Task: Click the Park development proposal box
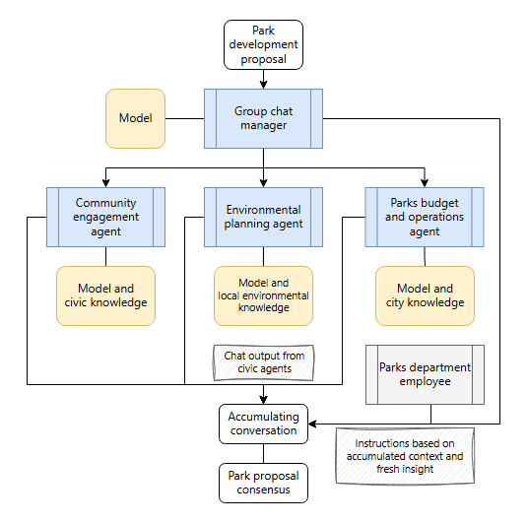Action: point(263,44)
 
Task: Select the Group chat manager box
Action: point(263,118)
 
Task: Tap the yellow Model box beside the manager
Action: point(135,118)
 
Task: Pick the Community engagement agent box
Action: point(105,218)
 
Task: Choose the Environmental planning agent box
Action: point(263,218)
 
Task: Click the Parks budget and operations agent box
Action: point(425,218)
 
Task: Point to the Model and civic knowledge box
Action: point(105,296)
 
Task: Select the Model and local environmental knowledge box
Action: point(263,296)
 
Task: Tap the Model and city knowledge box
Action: point(425,296)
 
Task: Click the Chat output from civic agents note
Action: point(264,362)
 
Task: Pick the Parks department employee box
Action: point(425,374)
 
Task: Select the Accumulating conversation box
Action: point(263,424)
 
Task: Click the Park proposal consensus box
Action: point(263,483)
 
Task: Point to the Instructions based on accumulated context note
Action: point(405,456)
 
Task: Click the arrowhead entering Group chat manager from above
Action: point(264,85)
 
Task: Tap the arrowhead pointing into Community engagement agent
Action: point(105,183)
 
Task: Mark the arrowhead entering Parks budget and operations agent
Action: point(425,183)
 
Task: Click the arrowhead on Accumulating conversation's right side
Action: point(312,424)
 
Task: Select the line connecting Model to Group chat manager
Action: point(184,118)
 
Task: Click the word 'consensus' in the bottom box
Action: point(263,490)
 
